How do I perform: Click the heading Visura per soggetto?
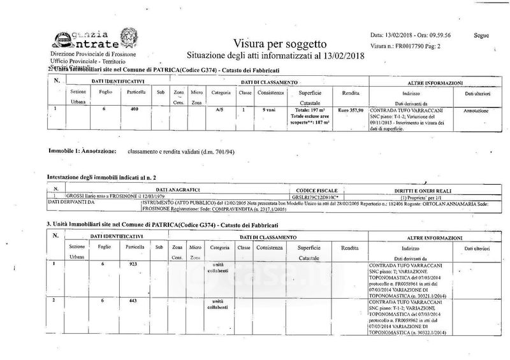click(280, 44)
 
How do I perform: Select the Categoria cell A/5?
click(217, 110)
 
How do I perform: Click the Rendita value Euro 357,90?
click(350, 110)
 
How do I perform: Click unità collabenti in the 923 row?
click(219, 267)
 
